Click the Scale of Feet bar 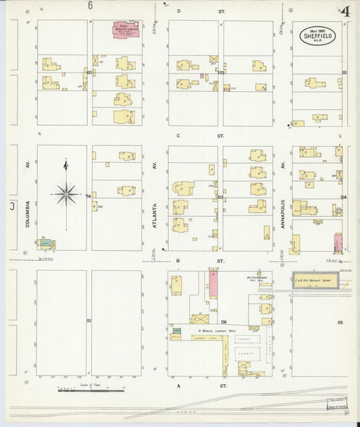pos(91,390)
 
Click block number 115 pos(340,322)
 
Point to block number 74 pos(88,196)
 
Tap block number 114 pos(343,197)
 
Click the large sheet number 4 pos(345,11)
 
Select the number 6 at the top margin pos(90,5)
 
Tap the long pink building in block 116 pos(213,284)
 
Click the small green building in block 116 pos(176,330)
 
